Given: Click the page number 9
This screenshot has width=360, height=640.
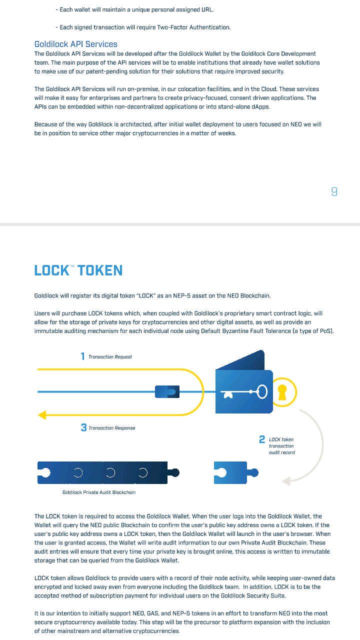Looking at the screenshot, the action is [x=334, y=191].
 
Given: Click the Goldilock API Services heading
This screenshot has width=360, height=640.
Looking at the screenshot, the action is [x=75, y=44].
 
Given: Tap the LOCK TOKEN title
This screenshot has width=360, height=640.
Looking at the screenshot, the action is [x=78, y=270].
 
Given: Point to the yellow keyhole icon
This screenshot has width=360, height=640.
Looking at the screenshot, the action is [x=282, y=392].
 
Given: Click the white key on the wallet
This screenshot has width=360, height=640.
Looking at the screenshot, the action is [x=244, y=392].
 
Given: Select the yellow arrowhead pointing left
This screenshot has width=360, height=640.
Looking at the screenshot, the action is [x=42, y=415].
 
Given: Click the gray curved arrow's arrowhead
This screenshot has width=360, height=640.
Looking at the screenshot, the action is [x=286, y=481].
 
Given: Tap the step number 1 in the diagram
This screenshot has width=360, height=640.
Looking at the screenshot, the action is [x=82, y=356].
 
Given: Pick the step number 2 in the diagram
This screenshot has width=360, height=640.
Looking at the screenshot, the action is [x=261, y=439].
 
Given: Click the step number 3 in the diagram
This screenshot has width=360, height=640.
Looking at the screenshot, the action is [x=83, y=427].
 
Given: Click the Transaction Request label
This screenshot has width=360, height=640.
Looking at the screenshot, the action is [x=110, y=357].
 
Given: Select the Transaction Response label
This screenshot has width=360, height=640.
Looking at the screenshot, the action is [x=111, y=428].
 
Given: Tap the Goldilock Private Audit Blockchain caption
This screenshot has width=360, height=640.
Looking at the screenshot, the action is [x=99, y=492].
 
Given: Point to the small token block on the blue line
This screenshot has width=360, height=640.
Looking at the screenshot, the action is [x=167, y=391].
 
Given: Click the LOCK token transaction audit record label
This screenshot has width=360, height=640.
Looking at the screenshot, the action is [x=281, y=446].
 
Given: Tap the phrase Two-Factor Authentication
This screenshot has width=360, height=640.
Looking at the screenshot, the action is [x=193, y=27].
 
